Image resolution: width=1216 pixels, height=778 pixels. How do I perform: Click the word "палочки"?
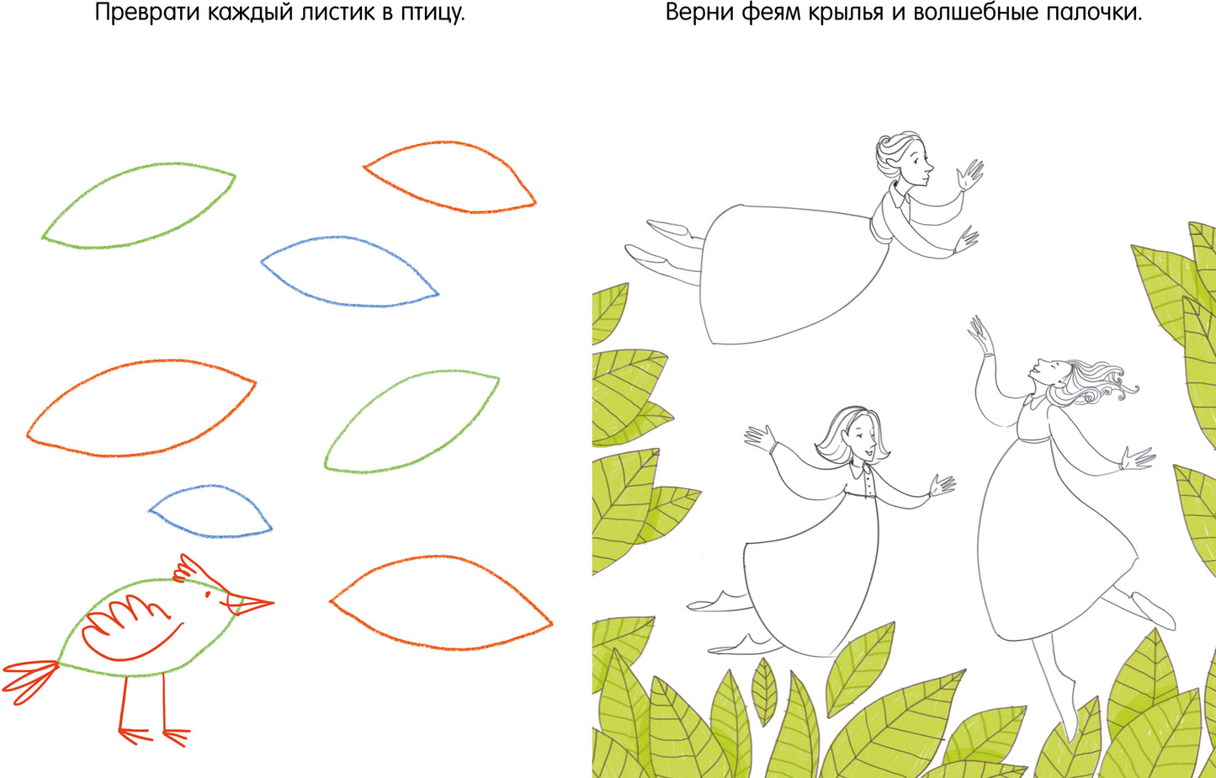[x=1097, y=14]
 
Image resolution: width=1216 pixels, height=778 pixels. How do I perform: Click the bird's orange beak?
[x=250, y=603]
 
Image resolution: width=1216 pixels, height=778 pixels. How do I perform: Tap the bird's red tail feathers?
[x=29, y=676]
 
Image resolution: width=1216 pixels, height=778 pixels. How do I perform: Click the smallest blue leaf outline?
[x=210, y=511]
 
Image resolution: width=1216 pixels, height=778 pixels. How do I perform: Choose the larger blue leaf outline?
[x=349, y=271]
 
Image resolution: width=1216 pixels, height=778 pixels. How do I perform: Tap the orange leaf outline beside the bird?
[x=440, y=602]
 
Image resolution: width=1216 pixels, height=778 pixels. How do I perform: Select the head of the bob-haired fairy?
[x=852, y=434]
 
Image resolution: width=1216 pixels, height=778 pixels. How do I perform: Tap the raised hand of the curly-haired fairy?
[x=978, y=329]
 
